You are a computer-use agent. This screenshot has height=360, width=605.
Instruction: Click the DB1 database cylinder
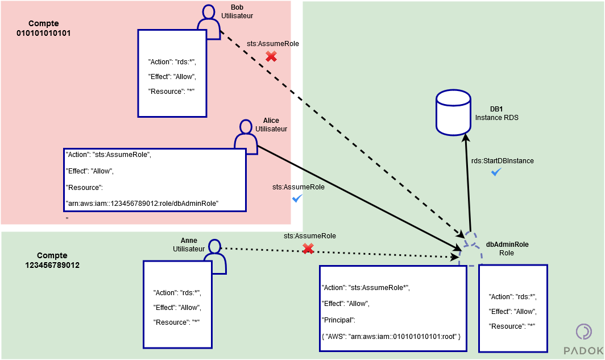coord(453,113)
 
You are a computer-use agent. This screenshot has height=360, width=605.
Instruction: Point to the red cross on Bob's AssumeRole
coord(271,56)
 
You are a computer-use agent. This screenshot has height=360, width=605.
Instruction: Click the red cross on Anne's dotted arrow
coord(308,249)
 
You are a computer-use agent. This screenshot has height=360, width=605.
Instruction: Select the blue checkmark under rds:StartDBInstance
coord(496,172)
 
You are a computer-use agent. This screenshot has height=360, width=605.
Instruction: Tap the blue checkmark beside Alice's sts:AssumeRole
coord(297,198)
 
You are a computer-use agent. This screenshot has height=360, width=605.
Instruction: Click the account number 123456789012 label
coord(52,265)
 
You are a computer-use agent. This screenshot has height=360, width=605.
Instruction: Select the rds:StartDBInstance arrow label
coord(502,161)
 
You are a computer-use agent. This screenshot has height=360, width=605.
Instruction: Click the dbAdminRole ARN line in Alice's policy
coord(143,203)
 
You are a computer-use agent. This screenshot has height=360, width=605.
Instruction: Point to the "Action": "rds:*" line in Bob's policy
coord(172,62)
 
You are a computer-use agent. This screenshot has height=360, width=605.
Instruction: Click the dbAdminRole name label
coord(507,245)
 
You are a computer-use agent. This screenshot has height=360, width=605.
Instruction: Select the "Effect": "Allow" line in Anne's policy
coord(177,308)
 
